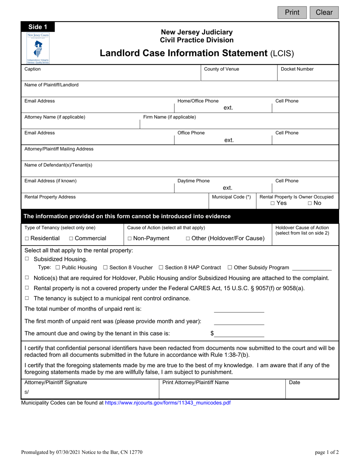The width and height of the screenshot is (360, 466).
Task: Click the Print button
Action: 292,13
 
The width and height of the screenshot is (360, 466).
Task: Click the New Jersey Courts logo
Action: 38,47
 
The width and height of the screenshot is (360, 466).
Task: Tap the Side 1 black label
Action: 38,27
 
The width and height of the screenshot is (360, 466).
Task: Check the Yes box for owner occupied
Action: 273,203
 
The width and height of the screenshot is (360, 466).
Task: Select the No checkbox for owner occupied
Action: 310,203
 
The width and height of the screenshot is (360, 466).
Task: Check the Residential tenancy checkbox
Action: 27,239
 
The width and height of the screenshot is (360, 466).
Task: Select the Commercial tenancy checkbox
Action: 72,239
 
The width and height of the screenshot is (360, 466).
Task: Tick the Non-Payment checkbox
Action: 130,239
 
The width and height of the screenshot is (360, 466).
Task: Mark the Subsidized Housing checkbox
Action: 27,259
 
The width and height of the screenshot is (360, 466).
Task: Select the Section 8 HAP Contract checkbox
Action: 161,267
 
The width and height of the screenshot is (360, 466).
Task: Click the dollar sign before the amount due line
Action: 212,333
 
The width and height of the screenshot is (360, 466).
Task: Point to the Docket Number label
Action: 297,69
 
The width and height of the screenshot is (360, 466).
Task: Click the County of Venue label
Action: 221,69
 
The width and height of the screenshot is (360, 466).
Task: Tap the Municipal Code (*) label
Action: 231,197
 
